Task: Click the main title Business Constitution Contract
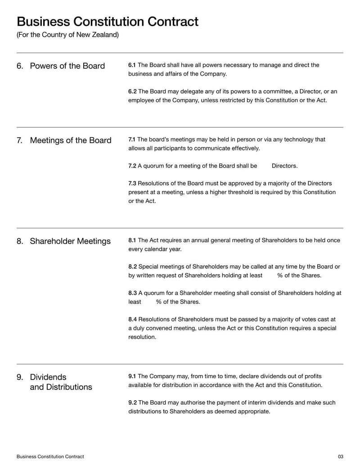(107, 22)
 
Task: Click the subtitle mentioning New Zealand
(67, 35)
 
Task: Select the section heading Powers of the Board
(67, 66)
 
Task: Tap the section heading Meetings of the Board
(70, 140)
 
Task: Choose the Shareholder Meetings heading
(70, 241)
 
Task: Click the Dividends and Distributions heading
(60, 382)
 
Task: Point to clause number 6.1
(132, 65)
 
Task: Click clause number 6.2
(132, 91)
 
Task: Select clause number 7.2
(132, 166)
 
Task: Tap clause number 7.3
(132, 184)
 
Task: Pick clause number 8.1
(132, 240)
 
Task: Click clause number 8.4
(132, 320)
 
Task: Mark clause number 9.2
(132, 403)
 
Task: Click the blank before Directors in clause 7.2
(265, 166)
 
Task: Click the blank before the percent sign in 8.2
(270, 276)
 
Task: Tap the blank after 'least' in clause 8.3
(148, 302)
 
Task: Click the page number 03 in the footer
(340, 457)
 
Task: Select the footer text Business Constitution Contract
(50, 457)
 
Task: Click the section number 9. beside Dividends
(20, 377)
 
